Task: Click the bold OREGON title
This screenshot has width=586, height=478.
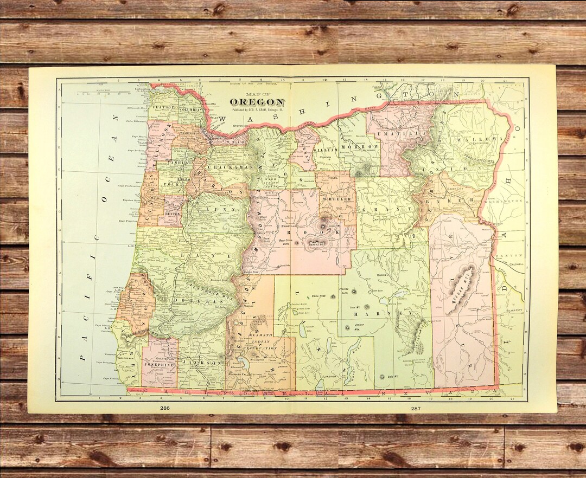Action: tap(257, 102)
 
